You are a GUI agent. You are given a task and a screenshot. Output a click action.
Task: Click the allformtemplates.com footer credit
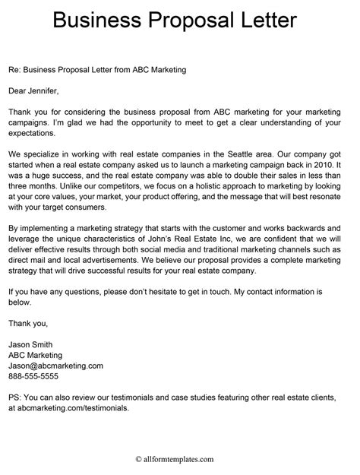[x=179, y=459]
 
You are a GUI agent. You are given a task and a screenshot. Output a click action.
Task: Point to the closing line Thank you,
[x=27, y=323]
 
